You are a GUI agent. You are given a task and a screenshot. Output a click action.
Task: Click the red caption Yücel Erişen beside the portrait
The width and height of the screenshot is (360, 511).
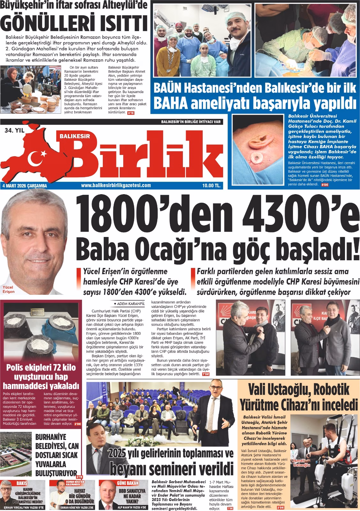(9, 289)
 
